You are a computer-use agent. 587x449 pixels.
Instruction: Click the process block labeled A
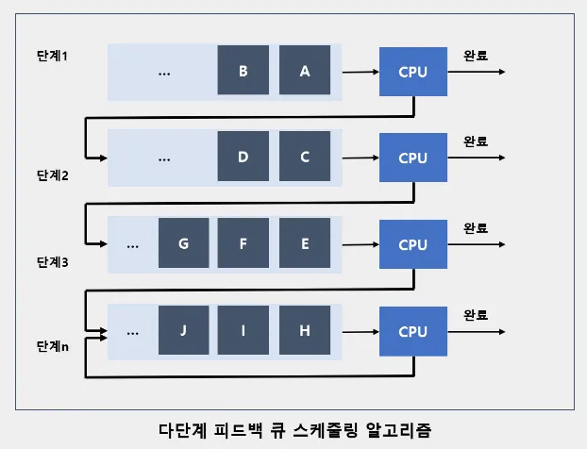pos(305,70)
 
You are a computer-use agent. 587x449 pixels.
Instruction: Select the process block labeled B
pos(243,70)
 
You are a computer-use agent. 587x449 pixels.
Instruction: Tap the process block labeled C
pos(305,156)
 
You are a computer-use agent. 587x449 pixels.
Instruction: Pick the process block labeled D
pos(243,156)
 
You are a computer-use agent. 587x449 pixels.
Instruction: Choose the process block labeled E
pos(305,242)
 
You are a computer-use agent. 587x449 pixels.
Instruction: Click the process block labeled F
pos(243,242)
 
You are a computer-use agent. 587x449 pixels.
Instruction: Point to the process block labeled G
pos(184,242)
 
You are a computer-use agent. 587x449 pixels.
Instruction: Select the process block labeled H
pos(305,330)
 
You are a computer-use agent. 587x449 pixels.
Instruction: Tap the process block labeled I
pos(243,330)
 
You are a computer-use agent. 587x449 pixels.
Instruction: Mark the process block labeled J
pos(184,330)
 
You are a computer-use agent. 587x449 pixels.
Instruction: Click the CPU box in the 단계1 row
pos(413,72)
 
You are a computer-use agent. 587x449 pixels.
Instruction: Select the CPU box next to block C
pos(413,158)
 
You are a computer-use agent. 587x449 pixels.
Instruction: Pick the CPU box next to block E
pos(413,244)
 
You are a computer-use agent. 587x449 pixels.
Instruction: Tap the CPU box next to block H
pos(413,331)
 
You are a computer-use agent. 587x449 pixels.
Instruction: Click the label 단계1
pos(53,56)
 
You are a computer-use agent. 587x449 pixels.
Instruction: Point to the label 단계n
pos(53,346)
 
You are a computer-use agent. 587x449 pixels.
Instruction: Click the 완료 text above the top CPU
pos(476,56)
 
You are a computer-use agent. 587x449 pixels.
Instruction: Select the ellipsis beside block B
pos(164,74)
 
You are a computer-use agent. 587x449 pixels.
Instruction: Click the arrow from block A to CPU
pos(361,72)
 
